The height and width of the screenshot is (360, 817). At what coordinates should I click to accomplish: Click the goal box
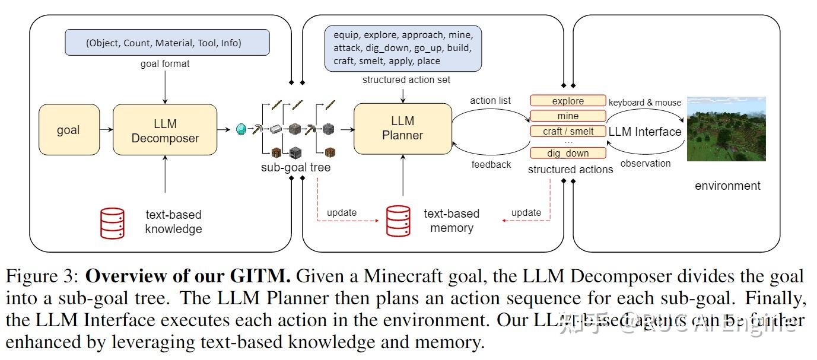[x=69, y=130]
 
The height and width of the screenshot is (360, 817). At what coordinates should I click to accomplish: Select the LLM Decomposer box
[x=165, y=130]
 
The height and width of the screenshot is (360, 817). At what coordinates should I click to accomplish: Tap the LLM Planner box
[x=402, y=128]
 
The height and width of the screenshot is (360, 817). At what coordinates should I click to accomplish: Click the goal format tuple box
[x=167, y=43]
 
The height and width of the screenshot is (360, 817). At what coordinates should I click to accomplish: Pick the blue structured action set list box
[x=403, y=47]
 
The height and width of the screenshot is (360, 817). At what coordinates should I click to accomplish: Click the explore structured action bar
[x=568, y=101]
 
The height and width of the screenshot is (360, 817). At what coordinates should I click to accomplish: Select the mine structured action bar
[x=568, y=116]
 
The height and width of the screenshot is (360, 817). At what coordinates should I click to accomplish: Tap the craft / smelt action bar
[x=568, y=131]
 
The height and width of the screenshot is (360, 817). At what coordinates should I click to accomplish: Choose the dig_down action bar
[x=568, y=153]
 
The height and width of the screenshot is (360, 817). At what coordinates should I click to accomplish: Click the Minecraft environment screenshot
[x=726, y=129]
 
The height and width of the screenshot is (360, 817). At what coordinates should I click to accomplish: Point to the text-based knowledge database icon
[x=112, y=223]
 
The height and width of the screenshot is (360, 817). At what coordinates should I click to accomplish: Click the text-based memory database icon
[x=398, y=221]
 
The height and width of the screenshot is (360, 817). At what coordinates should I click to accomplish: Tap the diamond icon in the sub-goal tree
[x=241, y=129]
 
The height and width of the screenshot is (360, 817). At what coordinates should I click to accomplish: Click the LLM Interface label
[x=644, y=132]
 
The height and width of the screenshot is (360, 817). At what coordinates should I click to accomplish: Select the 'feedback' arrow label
[x=491, y=164]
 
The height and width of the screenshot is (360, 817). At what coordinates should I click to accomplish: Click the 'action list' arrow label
[x=490, y=100]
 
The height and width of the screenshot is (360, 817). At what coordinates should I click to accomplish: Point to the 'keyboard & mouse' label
[x=645, y=103]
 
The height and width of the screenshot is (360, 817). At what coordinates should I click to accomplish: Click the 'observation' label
[x=645, y=163]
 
